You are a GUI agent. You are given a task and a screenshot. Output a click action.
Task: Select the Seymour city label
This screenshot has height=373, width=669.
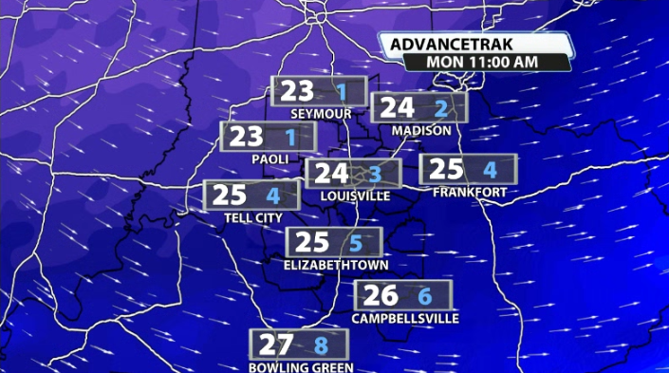point(321,114)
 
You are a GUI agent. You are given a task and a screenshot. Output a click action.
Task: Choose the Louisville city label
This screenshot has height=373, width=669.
point(356,196)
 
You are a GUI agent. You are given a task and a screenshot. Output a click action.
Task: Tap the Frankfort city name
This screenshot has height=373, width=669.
point(469,193)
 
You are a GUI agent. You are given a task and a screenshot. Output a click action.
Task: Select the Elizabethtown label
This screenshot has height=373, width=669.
point(336,266)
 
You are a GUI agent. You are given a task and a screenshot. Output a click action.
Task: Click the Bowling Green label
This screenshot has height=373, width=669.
point(301,367)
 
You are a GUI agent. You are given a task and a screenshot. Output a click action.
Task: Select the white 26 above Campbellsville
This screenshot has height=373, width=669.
point(380,295)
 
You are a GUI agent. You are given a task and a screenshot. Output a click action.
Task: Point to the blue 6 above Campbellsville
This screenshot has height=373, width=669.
point(425,296)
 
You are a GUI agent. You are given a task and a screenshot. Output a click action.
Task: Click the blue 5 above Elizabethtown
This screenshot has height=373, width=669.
point(356,243)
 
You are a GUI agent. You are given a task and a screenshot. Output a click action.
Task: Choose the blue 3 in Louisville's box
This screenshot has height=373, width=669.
point(375,174)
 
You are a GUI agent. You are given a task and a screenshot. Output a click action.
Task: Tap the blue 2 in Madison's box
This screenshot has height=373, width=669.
point(440,108)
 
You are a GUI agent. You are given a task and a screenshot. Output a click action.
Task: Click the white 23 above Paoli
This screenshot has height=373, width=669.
point(246,137)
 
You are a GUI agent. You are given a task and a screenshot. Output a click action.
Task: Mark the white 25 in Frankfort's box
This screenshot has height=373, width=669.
point(446,170)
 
